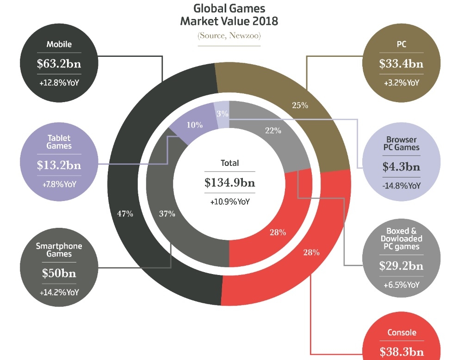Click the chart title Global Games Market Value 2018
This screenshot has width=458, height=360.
pyautogui.click(x=229, y=15)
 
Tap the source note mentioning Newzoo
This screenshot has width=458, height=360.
pyautogui.click(x=229, y=36)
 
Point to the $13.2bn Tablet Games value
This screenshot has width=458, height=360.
pyautogui.click(x=59, y=165)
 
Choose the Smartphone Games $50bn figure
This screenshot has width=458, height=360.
pyautogui.click(x=59, y=273)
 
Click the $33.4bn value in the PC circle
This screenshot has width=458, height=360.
pyautogui.click(x=401, y=64)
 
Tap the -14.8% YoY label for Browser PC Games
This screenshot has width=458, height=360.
pyautogui.click(x=401, y=186)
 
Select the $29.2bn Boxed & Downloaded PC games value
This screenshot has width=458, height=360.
pyautogui.click(x=401, y=266)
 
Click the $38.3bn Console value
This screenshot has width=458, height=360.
pyautogui.click(x=401, y=352)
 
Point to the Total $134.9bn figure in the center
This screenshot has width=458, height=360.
pyautogui.click(x=229, y=183)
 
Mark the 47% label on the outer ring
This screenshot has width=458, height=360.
pyautogui.click(x=125, y=214)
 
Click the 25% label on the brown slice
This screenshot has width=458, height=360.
pyautogui.click(x=300, y=105)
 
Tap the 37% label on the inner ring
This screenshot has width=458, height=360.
pyautogui.click(x=167, y=214)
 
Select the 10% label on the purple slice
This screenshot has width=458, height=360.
pyautogui.click(x=195, y=125)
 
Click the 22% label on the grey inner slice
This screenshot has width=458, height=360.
pyautogui.click(x=273, y=131)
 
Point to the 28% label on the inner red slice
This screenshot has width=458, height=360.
pyautogui.click(x=278, y=232)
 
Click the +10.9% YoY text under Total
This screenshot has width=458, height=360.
pyautogui.click(x=229, y=202)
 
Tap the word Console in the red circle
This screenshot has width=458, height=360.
pyautogui.click(x=401, y=333)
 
